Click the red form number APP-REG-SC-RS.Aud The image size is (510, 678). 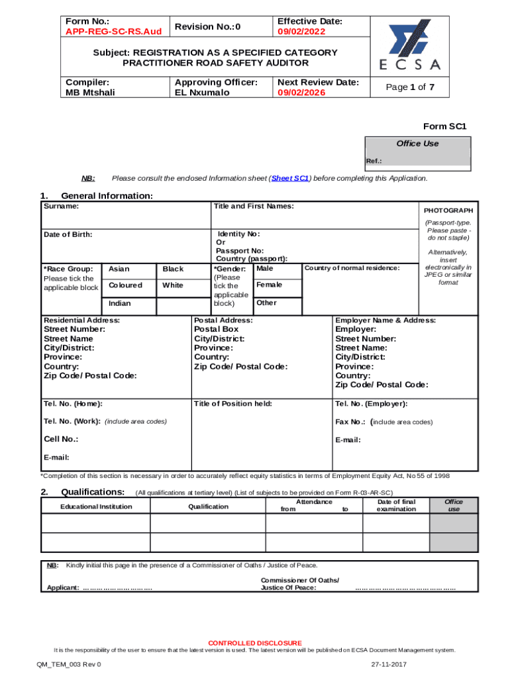pyautogui.click(x=113, y=32)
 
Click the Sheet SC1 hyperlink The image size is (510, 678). pyautogui.click(x=290, y=178)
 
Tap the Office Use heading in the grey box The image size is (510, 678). pyautogui.click(x=417, y=144)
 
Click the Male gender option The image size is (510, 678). pyautogui.click(x=264, y=268)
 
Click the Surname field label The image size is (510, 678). pyautogui.click(x=61, y=207)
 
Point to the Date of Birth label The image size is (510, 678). pyautogui.click(x=68, y=234)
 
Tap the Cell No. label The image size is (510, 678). pyautogui.click(x=61, y=439)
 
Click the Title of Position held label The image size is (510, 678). pyautogui.click(x=232, y=404)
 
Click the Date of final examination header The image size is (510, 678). pyautogui.click(x=395, y=505)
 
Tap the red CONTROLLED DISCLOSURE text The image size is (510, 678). pyautogui.click(x=255, y=643)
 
